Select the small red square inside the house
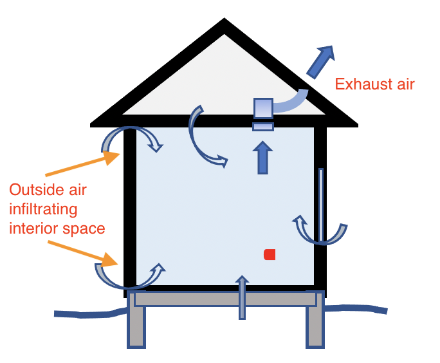pyautogui.click(x=270, y=254)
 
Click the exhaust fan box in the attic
pyautogui.click(x=263, y=107)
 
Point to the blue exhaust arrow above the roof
pyautogui.click(x=320, y=61)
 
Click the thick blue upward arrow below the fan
pyautogui.click(x=262, y=158)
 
